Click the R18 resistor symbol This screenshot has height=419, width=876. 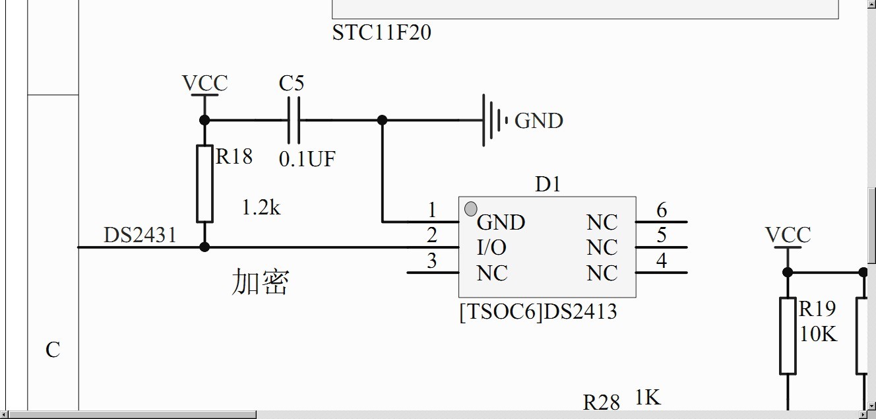tap(204, 183)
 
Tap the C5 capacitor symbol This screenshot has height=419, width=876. tap(294, 120)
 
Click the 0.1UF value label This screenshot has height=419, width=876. tap(307, 159)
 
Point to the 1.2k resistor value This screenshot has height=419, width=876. tap(261, 208)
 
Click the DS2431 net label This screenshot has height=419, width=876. tap(140, 235)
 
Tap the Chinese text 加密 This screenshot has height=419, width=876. tap(260, 282)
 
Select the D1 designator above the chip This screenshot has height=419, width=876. tap(547, 185)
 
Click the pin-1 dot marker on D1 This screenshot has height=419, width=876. tap(471, 209)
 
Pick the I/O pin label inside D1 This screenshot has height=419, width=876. tap(491, 247)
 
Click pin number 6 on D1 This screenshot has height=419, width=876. tap(662, 210)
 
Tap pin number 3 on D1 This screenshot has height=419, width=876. tap(431, 261)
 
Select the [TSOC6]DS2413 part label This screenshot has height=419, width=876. tap(538, 311)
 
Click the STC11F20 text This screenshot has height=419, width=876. tap(381, 32)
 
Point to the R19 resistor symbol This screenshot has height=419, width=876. tap(788, 335)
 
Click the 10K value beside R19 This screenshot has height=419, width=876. tap(818, 334)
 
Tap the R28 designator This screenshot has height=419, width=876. tap(602, 402)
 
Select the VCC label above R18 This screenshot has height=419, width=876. tap(204, 84)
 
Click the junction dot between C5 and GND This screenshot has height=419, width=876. tap(382, 120)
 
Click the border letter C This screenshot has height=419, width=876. tap(53, 350)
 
